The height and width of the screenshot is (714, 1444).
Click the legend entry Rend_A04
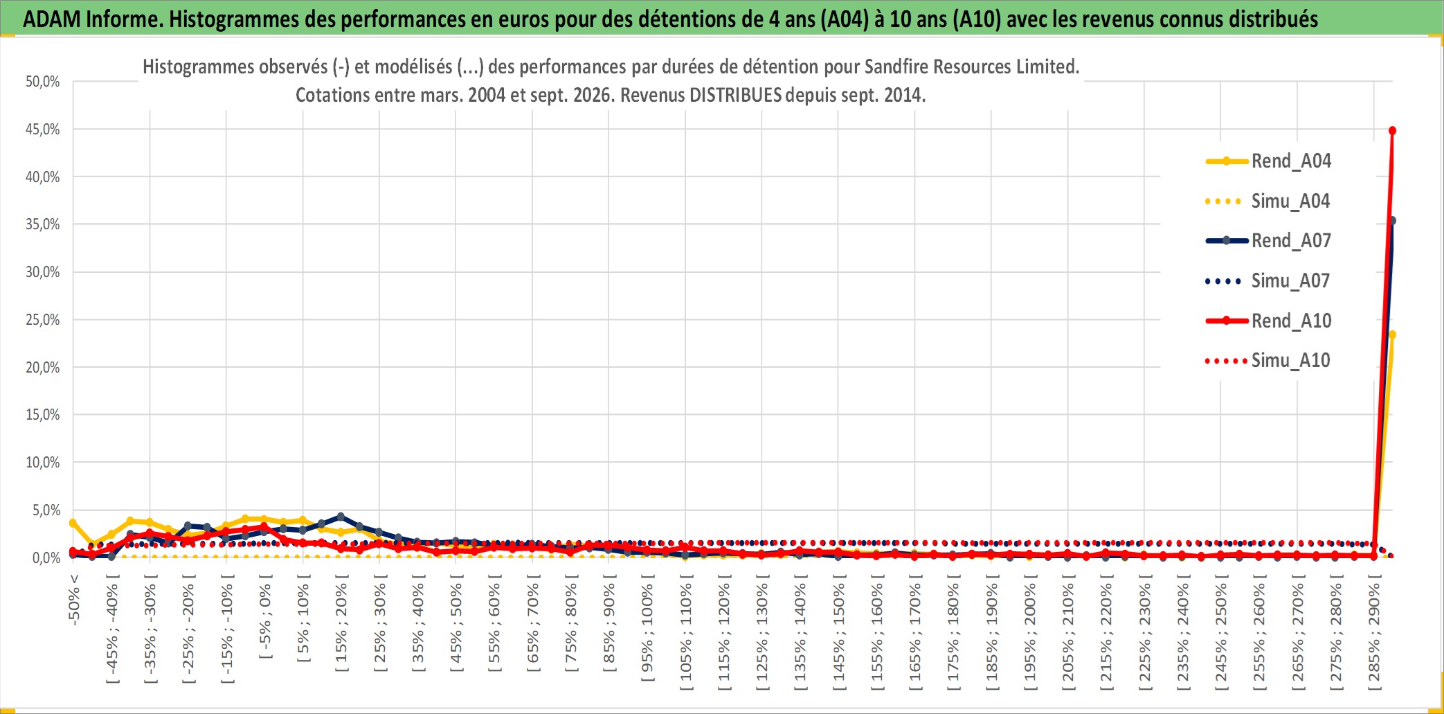click(x=1268, y=161)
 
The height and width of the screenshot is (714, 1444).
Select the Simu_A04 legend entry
click(x=1268, y=202)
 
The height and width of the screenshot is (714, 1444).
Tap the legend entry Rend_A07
click(x=1268, y=241)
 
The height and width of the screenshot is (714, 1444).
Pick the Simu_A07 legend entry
click(x=1268, y=281)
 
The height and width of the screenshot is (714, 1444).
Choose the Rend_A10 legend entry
click(x=1268, y=321)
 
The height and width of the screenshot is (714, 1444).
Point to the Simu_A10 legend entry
click(x=1268, y=361)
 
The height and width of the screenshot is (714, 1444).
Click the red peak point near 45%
click(x=1392, y=131)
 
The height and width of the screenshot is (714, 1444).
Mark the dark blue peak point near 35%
click(x=1392, y=221)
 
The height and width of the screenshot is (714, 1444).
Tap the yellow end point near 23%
click(x=1392, y=334)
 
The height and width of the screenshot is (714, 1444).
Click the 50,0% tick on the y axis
click(x=43, y=82)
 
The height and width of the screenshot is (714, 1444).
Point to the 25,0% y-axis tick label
click(x=43, y=320)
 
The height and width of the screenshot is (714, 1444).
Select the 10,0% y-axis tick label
click(x=43, y=463)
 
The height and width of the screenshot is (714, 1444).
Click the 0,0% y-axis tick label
click(x=46, y=557)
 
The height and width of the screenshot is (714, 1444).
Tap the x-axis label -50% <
click(x=74, y=600)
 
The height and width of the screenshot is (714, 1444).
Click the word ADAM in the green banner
click(x=52, y=19)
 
